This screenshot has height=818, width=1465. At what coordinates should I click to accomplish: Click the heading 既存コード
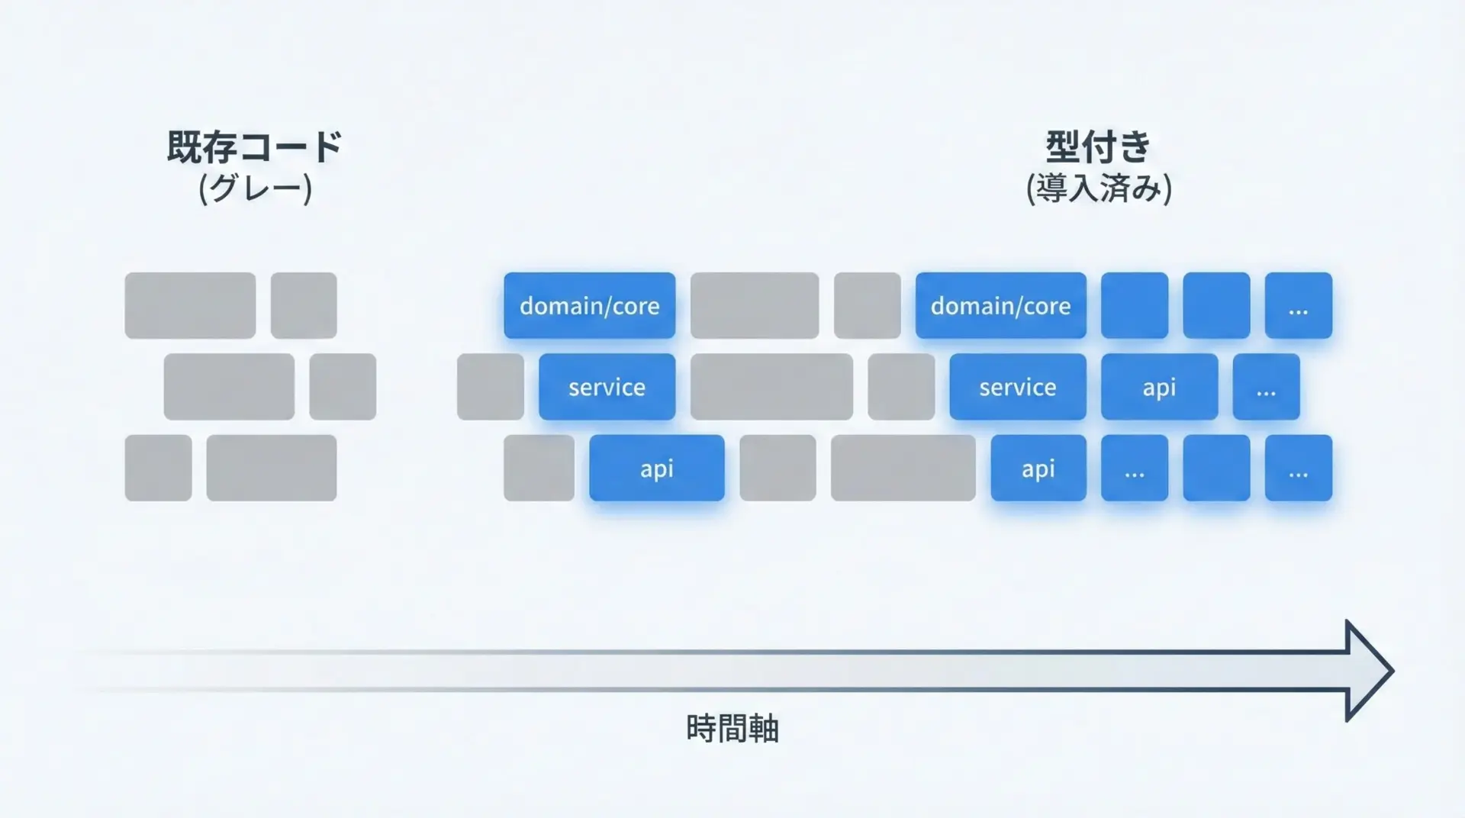pyautogui.click(x=254, y=147)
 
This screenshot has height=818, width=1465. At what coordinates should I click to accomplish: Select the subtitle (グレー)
pyautogui.click(x=255, y=188)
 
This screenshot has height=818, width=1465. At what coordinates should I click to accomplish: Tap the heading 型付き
pyautogui.click(x=1098, y=147)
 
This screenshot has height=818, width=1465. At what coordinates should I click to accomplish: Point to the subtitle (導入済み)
pyautogui.click(x=1099, y=188)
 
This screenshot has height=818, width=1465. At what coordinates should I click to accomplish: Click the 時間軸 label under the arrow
pyautogui.click(x=732, y=728)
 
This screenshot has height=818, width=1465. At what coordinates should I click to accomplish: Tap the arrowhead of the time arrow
pyautogui.click(x=1393, y=671)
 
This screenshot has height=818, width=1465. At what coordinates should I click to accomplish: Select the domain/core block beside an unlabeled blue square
pyautogui.click(x=1001, y=305)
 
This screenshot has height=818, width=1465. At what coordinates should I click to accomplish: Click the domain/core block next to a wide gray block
pyautogui.click(x=589, y=305)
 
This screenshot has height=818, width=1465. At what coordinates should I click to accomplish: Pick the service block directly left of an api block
pyautogui.click(x=1018, y=387)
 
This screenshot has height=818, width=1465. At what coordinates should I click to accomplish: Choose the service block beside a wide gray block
pyautogui.click(x=607, y=387)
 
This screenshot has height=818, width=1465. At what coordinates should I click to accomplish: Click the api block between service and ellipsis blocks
pyautogui.click(x=1159, y=387)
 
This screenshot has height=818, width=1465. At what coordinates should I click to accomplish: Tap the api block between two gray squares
pyautogui.click(x=657, y=468)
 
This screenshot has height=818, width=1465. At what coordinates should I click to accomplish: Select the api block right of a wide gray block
pyautogui.click(x=1038, y=468)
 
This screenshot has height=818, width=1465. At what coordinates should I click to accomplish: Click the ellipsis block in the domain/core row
pyautogui.click(x=1299, y=305)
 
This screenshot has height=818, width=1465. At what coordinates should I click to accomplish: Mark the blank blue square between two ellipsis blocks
pyautogui.click(x=1216, y=468)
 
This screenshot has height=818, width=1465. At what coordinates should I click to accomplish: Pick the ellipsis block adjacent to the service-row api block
pyautogui.click(x=1267, y=387)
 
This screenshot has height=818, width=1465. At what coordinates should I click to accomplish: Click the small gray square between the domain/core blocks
pyautogui.click(x=868, y=305)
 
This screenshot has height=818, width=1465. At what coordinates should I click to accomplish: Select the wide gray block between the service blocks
pyautogui.click(x=771, y=387)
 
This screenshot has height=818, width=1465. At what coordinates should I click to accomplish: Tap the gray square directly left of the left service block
pyautogui.click(x=491, y=387)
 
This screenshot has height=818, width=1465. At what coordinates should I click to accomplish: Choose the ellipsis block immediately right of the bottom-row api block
pyautogui.click(x=1135, y=468)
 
